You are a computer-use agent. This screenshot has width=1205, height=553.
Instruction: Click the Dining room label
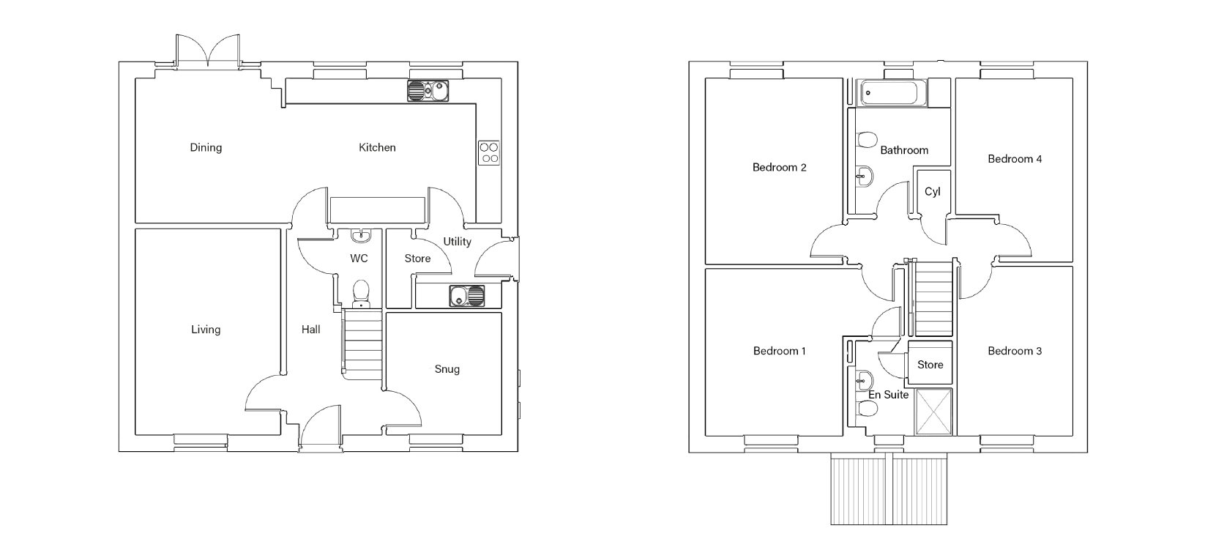pyautogui.click(x=206, y=148)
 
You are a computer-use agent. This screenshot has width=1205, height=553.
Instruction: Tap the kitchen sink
pyautogui.click(x=428, y=91)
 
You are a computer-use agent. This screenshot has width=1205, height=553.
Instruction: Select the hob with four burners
pyautogui.click(x=489, y=152)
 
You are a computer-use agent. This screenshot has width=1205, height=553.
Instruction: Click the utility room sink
pyautogui.click(x=467, y=296)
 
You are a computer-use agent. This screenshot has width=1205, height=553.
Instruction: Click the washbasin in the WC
pyautogui.click(x=360, y=235)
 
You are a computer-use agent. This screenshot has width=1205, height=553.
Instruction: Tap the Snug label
pyautogui.click(x=447, y=369)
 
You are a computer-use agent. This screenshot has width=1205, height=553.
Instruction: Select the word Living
pyautogui.click(x=206, y=330)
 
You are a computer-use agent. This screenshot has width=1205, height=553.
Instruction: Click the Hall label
pyautogui.click(x=311, y=330)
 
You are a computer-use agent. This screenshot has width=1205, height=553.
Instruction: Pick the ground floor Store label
pyautogui.click(x=417, y=259)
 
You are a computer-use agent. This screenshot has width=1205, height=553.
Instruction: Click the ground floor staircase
pyautogui.click(x=362, y=344)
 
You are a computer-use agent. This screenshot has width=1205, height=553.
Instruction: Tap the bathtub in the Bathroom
pyautogui.click(x=894, y=92)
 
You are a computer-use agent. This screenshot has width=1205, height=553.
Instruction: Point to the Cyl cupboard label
pyautogui.click(x=932, y=192)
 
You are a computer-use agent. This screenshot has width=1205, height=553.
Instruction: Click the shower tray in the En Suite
pyautogui.click(x=933, y=412)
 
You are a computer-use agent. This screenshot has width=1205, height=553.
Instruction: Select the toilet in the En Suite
pyautogui.click(x=867, y=409)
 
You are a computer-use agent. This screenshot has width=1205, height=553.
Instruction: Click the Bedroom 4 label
pyautogui.click(x=1015, y=159)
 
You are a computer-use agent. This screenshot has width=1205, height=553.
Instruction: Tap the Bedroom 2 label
pyautogui.click(x=779, y=168)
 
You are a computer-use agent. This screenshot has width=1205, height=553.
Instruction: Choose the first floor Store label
pyautogui.click(x=930, y=365)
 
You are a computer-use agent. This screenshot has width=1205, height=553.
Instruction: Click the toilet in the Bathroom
pyautogui.click(x=867, y=140)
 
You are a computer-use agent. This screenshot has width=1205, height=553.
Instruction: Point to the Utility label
pyautogui.click(x=458, y=242)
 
